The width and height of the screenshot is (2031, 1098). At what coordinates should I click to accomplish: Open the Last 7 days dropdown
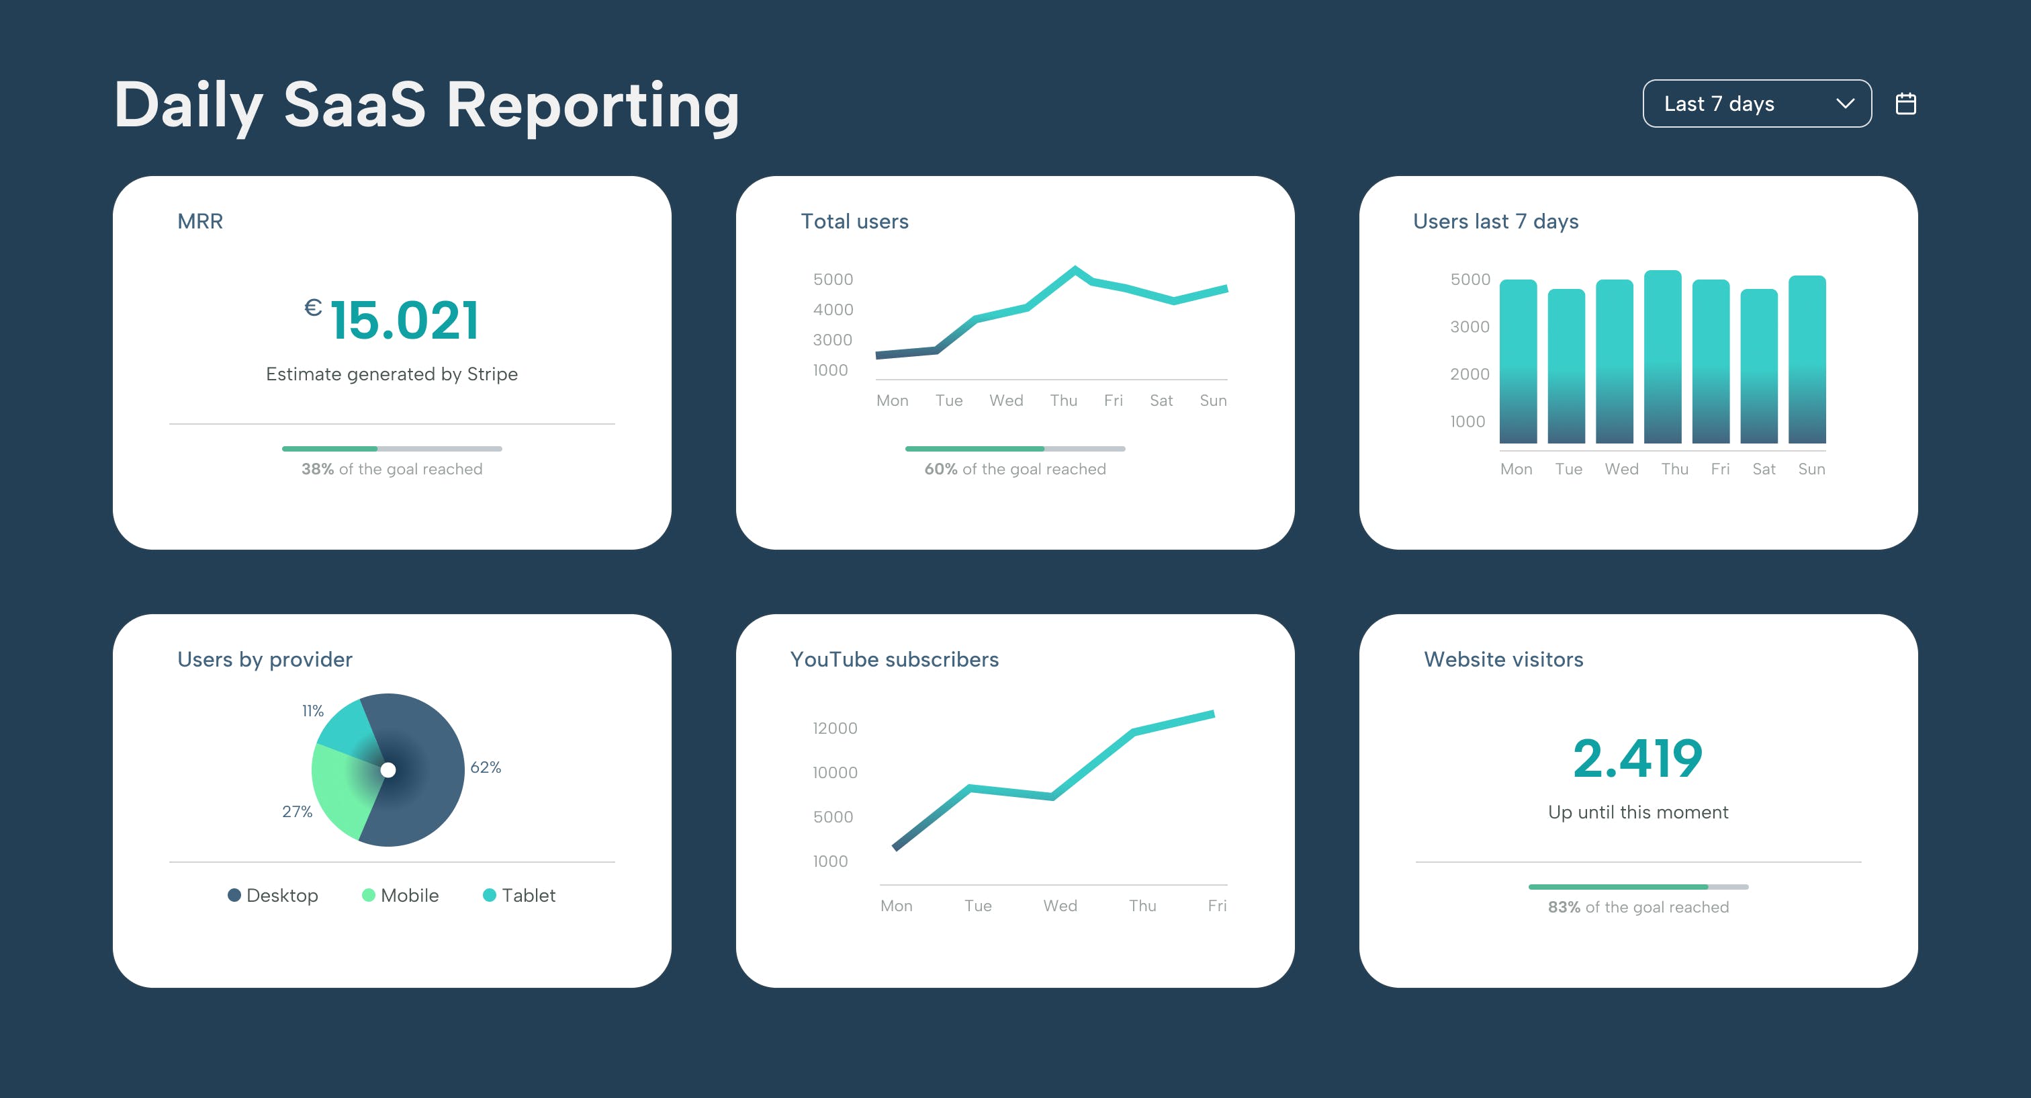[x=1756, y=103]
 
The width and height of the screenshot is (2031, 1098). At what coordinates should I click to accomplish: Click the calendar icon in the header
[x=1905, y=103]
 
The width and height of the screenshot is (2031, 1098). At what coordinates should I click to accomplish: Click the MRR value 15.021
[x=404, y=321]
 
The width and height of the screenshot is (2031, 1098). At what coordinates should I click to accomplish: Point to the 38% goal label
[x=392, y=469]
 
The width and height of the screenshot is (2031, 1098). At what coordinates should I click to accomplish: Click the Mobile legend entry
[x=400, y=895]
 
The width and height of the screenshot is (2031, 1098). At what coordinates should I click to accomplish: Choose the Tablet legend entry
[x=520, y=895]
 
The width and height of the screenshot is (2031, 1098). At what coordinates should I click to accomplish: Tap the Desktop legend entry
[x=273, y=895]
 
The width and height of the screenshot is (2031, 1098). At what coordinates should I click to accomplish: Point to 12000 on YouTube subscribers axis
[x=835, y=728]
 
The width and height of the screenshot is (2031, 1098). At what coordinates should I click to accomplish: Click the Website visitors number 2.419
[x=1637, y=759]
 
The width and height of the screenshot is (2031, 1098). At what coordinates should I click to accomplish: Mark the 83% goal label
[x=1637, y=907]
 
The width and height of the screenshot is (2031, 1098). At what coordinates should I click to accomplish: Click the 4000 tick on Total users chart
[x=833, y=310]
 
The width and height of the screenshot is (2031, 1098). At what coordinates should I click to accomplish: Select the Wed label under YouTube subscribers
[x=1060, y=906]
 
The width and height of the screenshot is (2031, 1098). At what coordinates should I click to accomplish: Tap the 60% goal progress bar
[x=1015, y=449]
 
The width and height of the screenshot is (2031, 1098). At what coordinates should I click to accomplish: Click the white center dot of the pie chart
[x=388, y=770]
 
